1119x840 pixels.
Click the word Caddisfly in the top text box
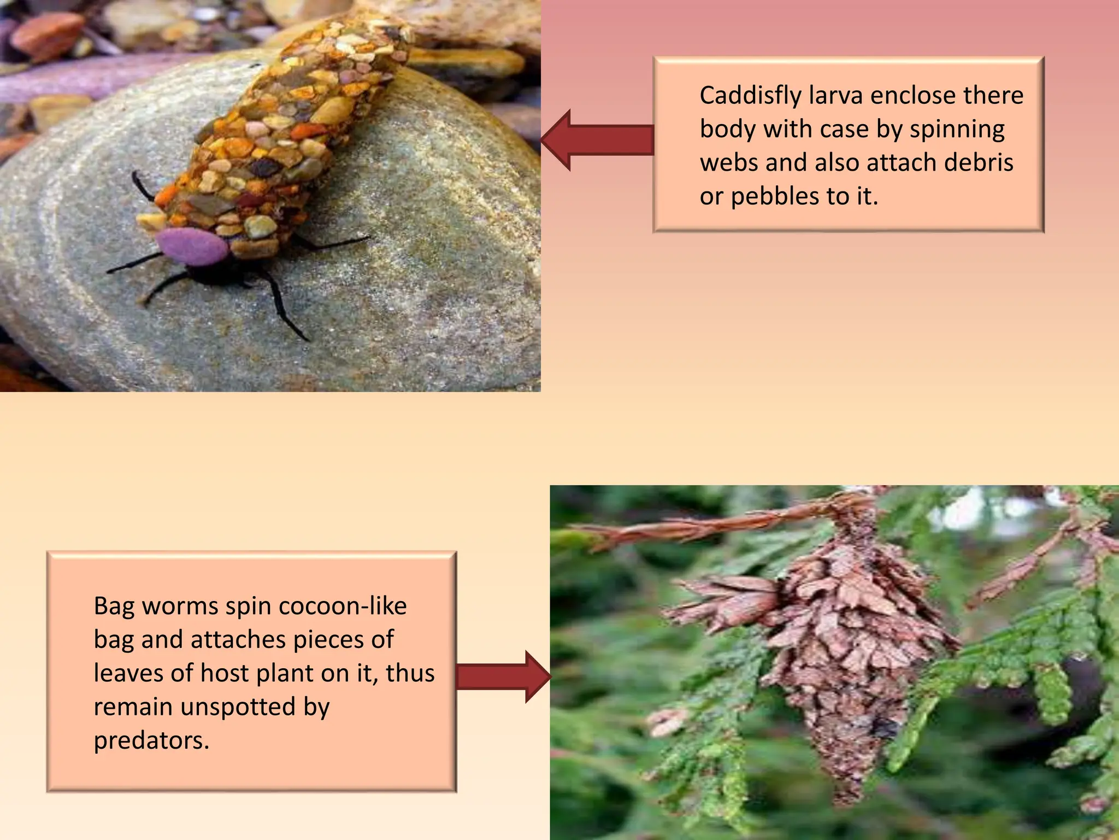pos(750,96)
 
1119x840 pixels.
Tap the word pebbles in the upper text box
pos(775,196)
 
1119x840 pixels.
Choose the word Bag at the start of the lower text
pos(114,606)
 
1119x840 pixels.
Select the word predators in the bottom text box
pos(151,741)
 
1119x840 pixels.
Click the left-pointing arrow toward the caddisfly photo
pos(597,140)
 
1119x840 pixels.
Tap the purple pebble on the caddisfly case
pos(192,247)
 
